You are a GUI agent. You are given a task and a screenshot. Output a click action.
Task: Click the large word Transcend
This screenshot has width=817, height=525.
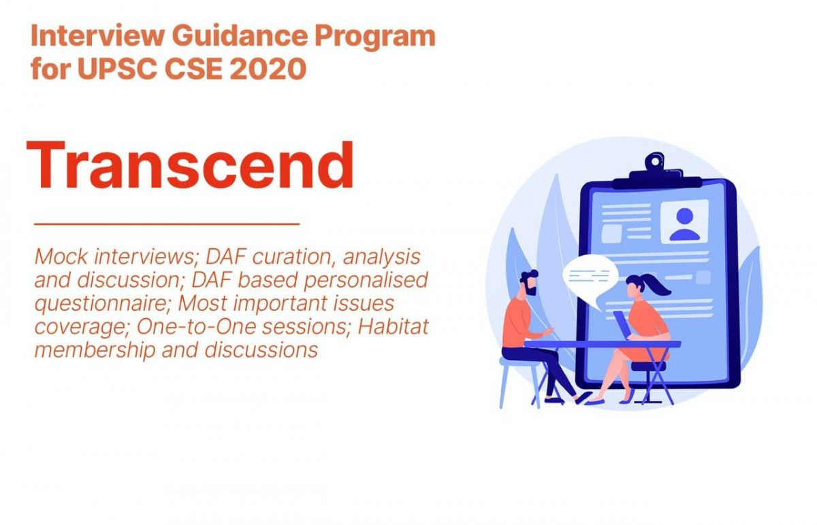190,165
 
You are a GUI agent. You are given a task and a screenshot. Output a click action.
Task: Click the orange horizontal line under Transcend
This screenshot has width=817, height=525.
167,223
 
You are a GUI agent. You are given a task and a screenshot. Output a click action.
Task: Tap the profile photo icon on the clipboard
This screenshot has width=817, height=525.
684,221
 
